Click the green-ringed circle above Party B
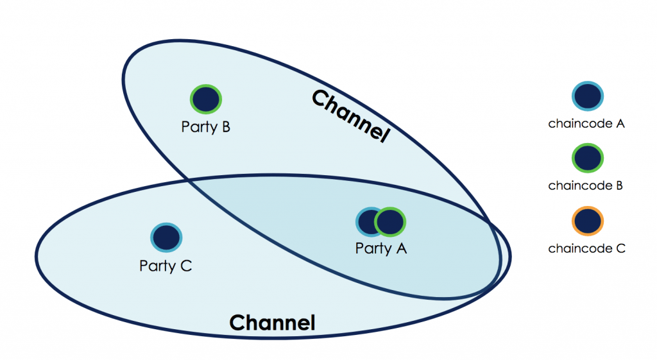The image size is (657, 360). click(206, 99)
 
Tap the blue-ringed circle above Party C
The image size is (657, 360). click(166, 237)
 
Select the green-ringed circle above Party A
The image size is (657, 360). click(390, 222)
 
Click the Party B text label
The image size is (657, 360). click(205, 126)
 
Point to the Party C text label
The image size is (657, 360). click(166, 265)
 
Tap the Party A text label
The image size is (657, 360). click(381, 248)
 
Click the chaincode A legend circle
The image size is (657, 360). click(588, 97)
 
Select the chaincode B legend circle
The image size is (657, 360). click(588, 159)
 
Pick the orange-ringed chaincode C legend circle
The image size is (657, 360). click(588, 221)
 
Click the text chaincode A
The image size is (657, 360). click(586, 124)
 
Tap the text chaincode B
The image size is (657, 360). click(586, 186)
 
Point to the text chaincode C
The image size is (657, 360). click(586, 248)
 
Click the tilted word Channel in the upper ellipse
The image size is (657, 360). click(351, 116)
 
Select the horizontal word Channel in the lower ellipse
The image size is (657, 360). click(272, 322)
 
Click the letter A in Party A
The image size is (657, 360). click(401, 248)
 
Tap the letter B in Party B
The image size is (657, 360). click(225, 126)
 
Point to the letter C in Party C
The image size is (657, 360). click(186, 265)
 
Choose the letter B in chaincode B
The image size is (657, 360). click(619, 186)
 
